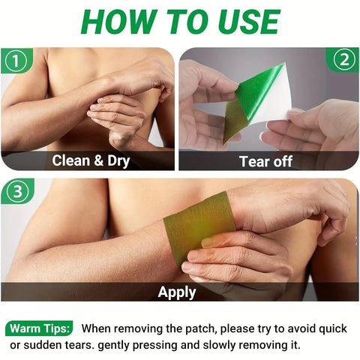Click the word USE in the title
tap(249, 22)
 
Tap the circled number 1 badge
tap(16, 61)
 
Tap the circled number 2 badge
tap(344, 60)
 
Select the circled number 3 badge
tap(17, 191)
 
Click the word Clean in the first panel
tap(70, 160)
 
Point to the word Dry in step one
tap(118, 161)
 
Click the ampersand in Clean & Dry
tap(98, 160)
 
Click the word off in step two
tap(283, 161)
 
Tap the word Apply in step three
tap(177, 292)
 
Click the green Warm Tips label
tap(39, 328)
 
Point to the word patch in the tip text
tap(201, 328)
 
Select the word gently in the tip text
tap(113, 346)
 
